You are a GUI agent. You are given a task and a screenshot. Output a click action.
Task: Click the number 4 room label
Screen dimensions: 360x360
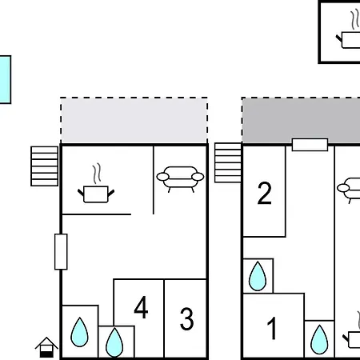(x=141, y=308)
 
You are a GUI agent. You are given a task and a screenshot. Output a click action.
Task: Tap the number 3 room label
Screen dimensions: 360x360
(x=186, y=319)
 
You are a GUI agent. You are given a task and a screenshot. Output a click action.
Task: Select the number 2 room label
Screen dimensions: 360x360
(x=264, y=193)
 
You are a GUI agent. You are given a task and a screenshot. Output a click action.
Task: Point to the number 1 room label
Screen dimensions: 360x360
(x=272, y=328)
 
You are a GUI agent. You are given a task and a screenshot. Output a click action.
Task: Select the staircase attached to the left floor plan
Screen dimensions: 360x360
(x=45, y=165)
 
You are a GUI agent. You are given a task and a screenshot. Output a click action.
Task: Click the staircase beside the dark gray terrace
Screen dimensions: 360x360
(x=228, y=163)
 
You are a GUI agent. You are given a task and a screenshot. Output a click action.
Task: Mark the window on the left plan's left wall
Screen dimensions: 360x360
(x=61, y=251)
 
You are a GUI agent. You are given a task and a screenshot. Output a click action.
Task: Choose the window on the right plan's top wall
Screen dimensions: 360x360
(x=310, y=145)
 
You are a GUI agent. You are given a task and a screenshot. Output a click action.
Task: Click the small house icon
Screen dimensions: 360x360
(x=47, y=346)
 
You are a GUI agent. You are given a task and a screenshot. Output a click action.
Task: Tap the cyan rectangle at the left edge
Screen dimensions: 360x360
(x=5, y=79)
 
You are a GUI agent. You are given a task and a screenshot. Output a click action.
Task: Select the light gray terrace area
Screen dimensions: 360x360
(x=134, y=121)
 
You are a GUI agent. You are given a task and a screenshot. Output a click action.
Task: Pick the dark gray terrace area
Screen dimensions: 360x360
(x=301, y=120)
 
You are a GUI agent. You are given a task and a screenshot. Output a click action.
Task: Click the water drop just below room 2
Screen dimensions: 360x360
(x=257, y=277)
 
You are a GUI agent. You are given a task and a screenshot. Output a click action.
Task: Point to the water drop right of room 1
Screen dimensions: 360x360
(x=319, y=339)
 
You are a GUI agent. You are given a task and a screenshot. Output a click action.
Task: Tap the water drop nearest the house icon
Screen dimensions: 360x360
(x=80, y=331)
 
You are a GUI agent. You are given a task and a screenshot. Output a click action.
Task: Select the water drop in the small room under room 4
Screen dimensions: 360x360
(x=116, y=342)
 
